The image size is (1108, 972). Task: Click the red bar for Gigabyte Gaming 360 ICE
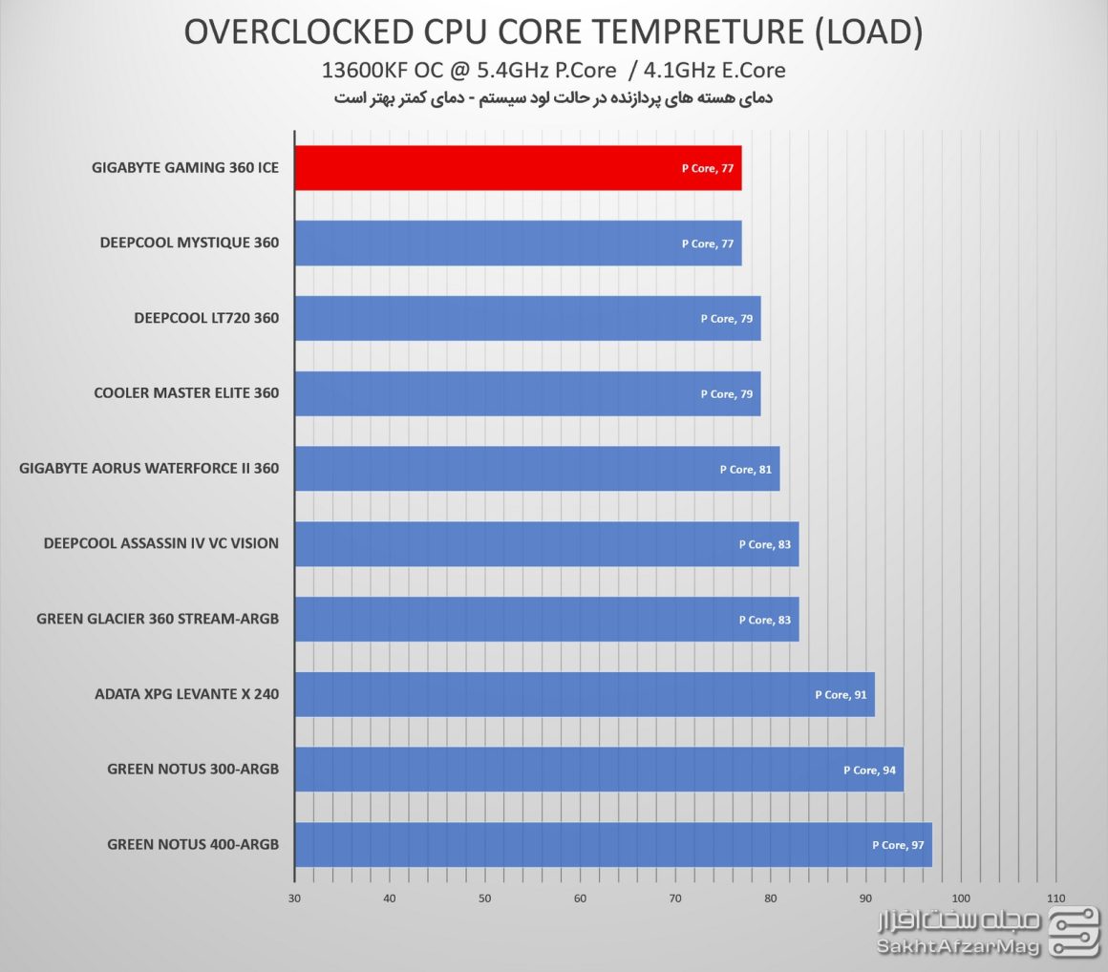tap(516, 168)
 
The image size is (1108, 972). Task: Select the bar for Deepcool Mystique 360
tap(516, 243)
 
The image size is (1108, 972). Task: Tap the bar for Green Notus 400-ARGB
tap(611, 844)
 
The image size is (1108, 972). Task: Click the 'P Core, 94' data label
tap(869, 770)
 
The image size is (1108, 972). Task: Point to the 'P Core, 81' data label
tap(745, 469)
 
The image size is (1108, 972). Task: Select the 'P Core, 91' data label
tap(841, 694)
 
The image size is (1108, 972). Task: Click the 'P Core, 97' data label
tap(898, 845)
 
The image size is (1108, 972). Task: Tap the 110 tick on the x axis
tap(1055, 898)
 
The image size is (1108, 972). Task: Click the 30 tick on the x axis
tap(294, 898)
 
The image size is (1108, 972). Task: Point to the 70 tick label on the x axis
tap(675, 898)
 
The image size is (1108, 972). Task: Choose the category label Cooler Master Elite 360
tap(186, 393)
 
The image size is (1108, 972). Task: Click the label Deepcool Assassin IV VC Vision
tap(161, 543)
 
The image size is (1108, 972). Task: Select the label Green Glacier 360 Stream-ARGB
tap(158, 619)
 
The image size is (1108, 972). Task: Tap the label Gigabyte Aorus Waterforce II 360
tap(149, 468)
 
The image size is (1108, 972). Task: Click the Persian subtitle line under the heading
tap(553, 98)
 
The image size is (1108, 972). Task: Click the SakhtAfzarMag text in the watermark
tap(958, 947)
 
